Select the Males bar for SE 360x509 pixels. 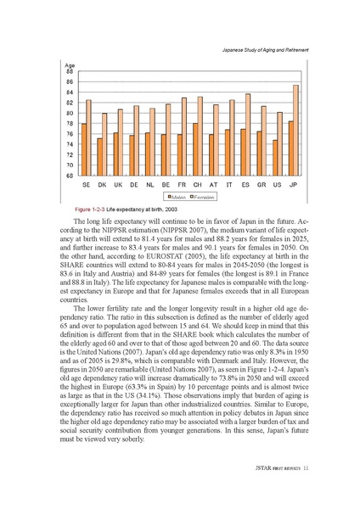(x=83, y=149)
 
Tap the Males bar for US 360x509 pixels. (x=274, y=158)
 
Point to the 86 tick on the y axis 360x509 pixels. (x=69, y=81)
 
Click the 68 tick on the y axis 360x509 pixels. (x=69, y=176)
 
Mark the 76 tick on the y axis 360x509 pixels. (x=69, y=134)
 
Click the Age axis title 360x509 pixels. (x=70, y=65)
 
